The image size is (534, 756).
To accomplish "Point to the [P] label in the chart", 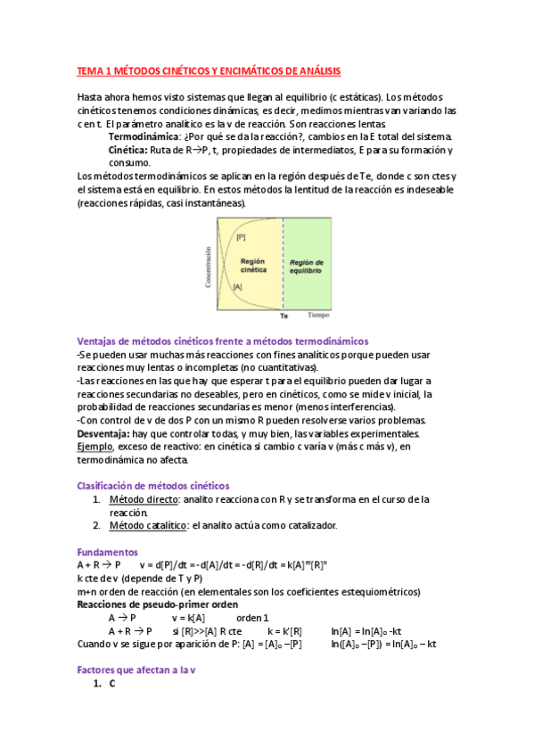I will [242, 236].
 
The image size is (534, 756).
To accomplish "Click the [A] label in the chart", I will [237, 287].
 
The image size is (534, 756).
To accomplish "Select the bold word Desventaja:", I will [107, 433].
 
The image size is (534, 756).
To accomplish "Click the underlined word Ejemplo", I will [94, 447].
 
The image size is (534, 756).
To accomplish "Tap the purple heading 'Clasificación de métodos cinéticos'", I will [153, 486].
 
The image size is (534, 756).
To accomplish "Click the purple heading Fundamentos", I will [107, 552].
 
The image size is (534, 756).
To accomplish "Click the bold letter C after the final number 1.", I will [112, 683].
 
